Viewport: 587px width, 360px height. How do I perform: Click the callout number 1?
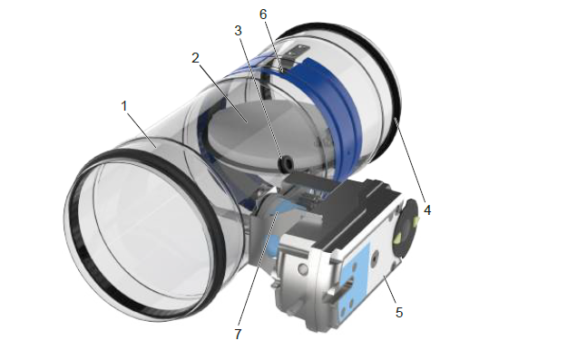[x=124, y=106]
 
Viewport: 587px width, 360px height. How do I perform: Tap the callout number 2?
[x=195, y=58]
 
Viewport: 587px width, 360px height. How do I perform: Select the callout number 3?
[x=238, y=31]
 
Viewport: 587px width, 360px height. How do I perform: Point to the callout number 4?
[x=427, y=210]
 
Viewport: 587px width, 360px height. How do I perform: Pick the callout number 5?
[x=399, y=313]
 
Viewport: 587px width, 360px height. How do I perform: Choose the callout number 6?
[x=263, y=15]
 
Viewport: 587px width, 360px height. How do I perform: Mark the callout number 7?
[x=238, y=334]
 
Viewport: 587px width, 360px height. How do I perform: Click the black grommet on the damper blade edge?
[x=287, y=162]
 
